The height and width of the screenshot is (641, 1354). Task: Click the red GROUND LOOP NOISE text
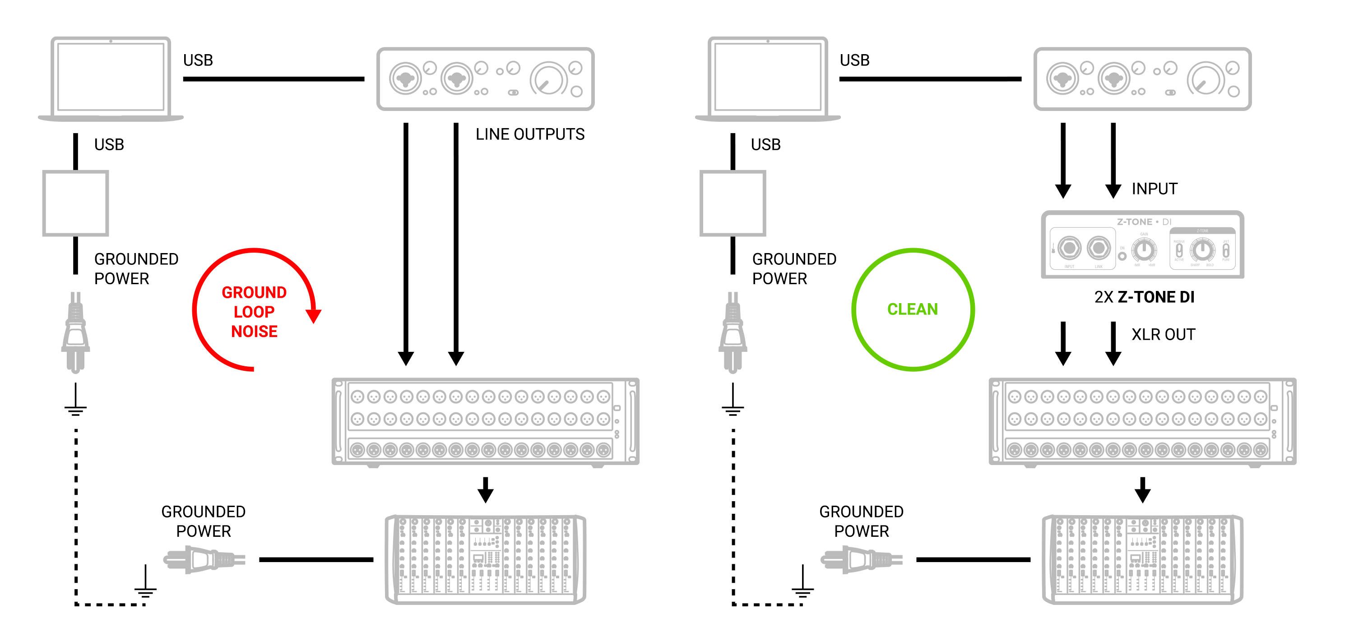[x=254, y=312]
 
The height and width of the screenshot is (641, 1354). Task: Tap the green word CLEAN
[x=912, y=309]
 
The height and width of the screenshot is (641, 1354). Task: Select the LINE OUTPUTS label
[x=529, y=134]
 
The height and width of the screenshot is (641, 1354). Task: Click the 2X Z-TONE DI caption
[x=1144, y=297]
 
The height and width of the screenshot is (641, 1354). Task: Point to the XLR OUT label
[x=1163, y=335]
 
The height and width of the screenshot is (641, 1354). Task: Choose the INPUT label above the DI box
[x=1154, y=189]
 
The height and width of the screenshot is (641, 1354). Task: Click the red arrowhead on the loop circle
[x=313, y=316]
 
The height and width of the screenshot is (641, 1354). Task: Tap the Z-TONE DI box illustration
[x=1142, y=245]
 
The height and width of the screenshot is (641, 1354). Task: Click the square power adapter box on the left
[x=76, y=203]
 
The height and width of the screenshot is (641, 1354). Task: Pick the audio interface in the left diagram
[x=485, y=79]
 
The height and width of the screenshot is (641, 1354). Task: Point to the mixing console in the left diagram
[x=485, y=559]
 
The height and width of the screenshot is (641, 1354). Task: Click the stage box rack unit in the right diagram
[x=1142, y=421]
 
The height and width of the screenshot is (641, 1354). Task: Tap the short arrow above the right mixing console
[x=1142, y=490]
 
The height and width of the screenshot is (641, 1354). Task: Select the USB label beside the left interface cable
[x=198, y=60]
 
